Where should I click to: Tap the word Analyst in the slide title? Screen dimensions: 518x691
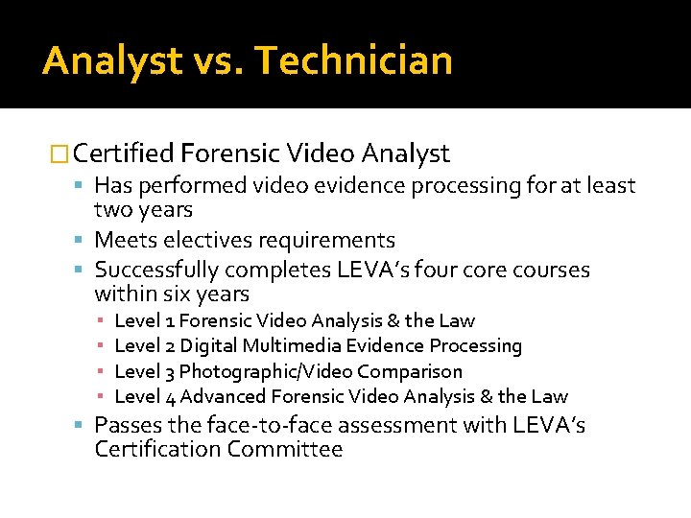(111, 60)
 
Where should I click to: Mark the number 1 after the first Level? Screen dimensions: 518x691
(169, 320)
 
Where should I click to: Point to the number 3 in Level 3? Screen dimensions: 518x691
(169, 371)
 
